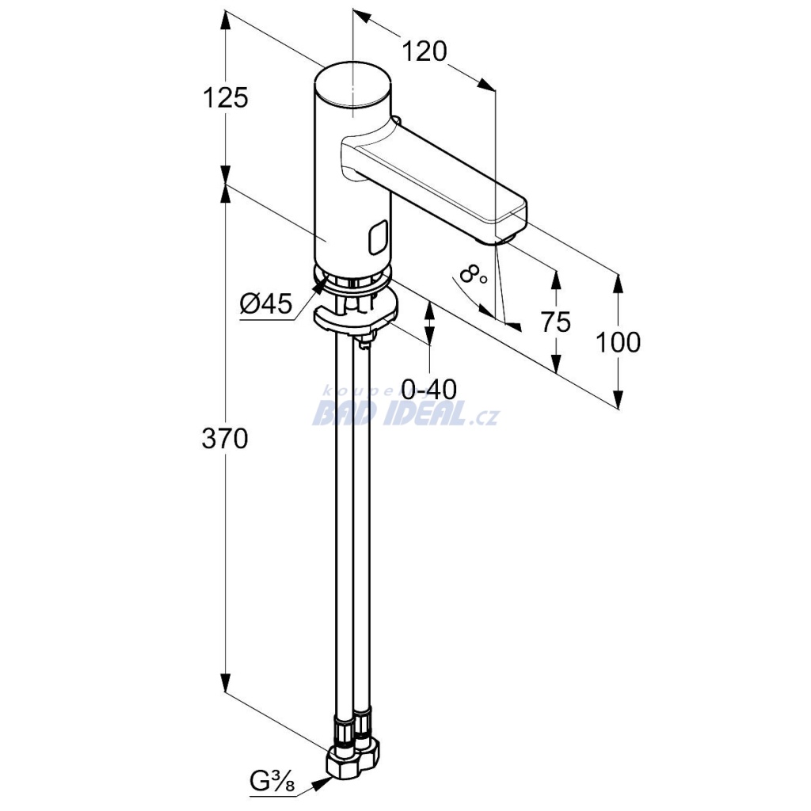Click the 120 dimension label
pos(424,51)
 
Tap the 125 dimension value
pos(225,97)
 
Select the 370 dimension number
pos(225,439)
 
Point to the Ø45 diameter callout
pos(265,303)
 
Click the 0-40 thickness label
pos(429,389)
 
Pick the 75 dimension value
pos(556,322)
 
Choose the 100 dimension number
pos(618,342)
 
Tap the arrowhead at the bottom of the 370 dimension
pos(225,683)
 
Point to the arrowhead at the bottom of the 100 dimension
pos(618,398)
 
